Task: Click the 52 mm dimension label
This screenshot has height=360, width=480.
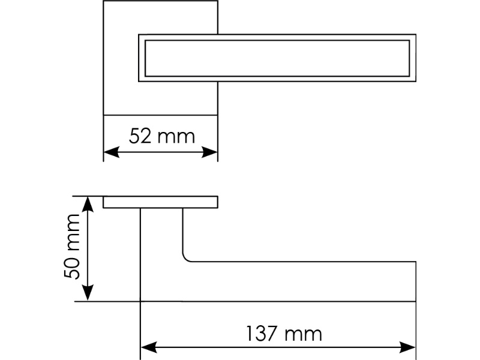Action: (162, 137)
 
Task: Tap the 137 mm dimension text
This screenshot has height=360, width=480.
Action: (283, 334)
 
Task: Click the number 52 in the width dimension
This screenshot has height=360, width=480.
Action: (140, 137)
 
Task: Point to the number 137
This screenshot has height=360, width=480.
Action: (262, 334)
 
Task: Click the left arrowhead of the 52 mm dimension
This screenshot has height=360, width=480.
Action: (109, 152)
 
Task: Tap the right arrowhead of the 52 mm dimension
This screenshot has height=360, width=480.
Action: (211, 152)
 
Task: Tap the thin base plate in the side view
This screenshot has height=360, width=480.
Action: (160, 202)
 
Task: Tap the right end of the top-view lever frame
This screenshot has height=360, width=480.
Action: (413, 58)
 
